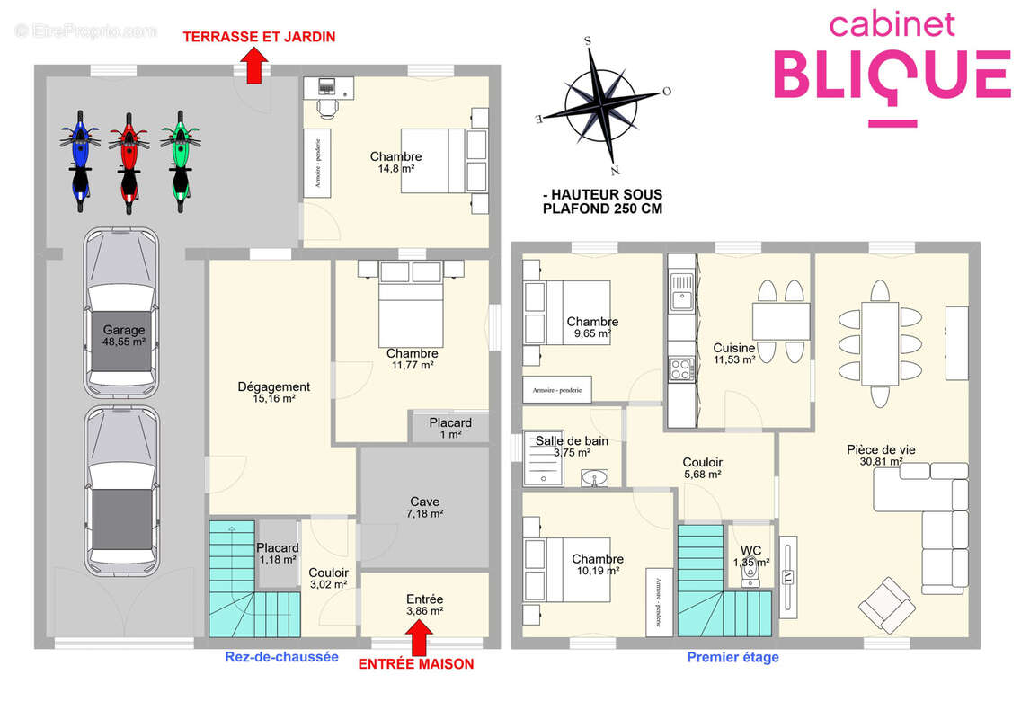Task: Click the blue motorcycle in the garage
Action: click(80, 161)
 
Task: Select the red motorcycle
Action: click(129, 163)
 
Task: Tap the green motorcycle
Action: click(181, 161)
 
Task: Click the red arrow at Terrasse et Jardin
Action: click(254, 66)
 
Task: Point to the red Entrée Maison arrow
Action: click(419, 637)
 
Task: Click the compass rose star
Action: click(601, 104)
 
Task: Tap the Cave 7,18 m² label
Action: click(424, 507)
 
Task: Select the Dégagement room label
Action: click(273, 392)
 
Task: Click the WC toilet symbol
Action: click(750, 573)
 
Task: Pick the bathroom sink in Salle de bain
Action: click(594, 479)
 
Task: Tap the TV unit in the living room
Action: click(788, 577)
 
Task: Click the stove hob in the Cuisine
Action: click(682, 369)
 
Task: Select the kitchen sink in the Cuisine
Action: click(682, 292)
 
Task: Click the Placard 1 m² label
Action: click(450, 428)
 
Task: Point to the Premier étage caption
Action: click(732, 657)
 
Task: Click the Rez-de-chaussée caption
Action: click(281, 657)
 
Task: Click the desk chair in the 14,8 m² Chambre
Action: click(327, 107)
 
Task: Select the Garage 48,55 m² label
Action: click(124, 335)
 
